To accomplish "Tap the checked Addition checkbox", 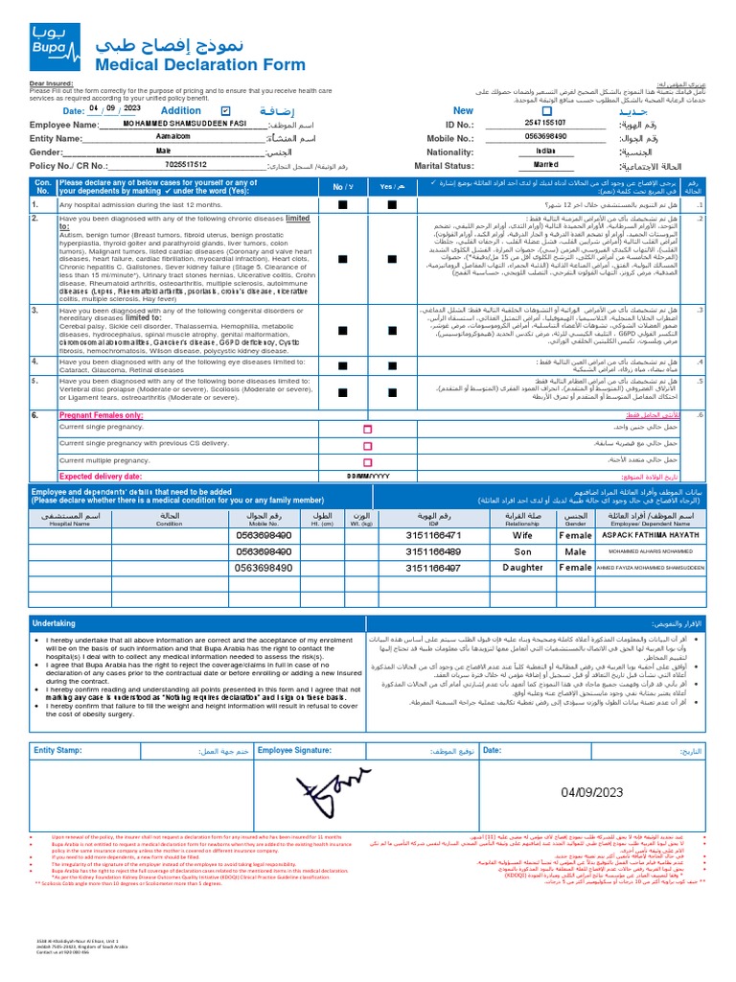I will (226, 111).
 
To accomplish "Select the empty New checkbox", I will (520, 111).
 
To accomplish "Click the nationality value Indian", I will (545, 152).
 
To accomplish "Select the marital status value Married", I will (545, 165).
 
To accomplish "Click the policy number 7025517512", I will (185, 165).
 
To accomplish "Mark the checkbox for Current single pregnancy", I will (367, 431).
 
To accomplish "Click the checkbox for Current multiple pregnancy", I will (367, 461).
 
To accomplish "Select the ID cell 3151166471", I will (433, 535).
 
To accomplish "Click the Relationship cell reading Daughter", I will (522, 568).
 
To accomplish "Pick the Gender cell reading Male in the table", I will (575, 551).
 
